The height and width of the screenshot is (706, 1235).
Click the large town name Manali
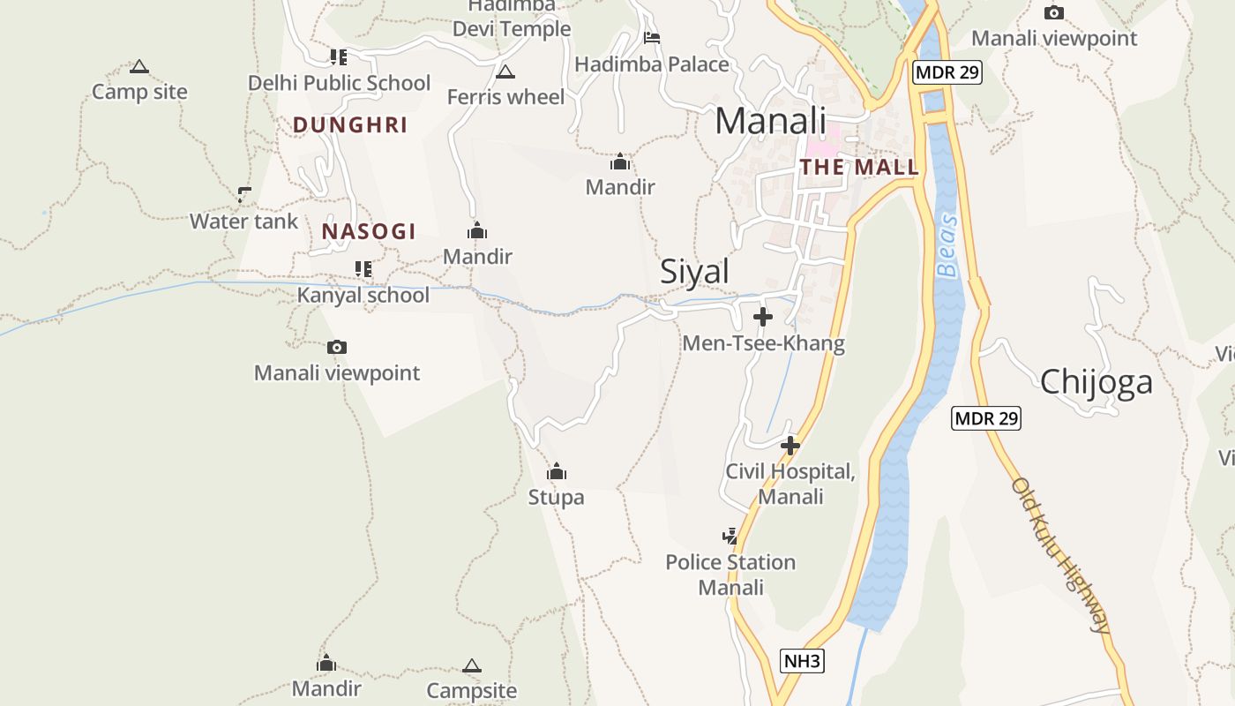tap(770, 121)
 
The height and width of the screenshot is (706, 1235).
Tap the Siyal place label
tap(695, 272)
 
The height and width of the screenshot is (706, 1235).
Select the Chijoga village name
tap(1096, 382)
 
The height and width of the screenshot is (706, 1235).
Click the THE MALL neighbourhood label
tap(858, 167)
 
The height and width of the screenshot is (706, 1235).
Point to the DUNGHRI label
tap(350, 125)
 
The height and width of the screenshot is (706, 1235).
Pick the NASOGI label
tap(369, 232)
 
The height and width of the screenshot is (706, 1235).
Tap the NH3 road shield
tap(803, 661)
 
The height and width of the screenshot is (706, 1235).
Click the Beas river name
tap(947, 245)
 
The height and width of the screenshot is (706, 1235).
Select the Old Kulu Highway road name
tap(1061, 555)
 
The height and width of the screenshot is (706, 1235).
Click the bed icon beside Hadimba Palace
tap(652, 38)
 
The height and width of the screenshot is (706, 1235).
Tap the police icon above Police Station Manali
tap(730, 536)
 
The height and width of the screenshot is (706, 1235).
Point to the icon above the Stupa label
tap(556, 472)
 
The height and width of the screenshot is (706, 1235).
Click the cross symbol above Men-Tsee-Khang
tap(763, 317)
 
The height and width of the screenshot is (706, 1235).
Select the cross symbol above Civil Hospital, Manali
tap(790, 446)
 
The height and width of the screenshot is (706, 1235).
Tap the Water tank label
tap(244, 222)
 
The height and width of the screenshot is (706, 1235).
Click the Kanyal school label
tap(363, 295)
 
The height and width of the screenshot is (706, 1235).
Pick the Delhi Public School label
tap(339, 83)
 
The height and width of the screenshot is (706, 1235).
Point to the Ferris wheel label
tap(505, 96)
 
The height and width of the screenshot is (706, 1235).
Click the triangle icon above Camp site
tap(139, 66)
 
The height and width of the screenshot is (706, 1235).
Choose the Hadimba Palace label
tap(652, 64)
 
